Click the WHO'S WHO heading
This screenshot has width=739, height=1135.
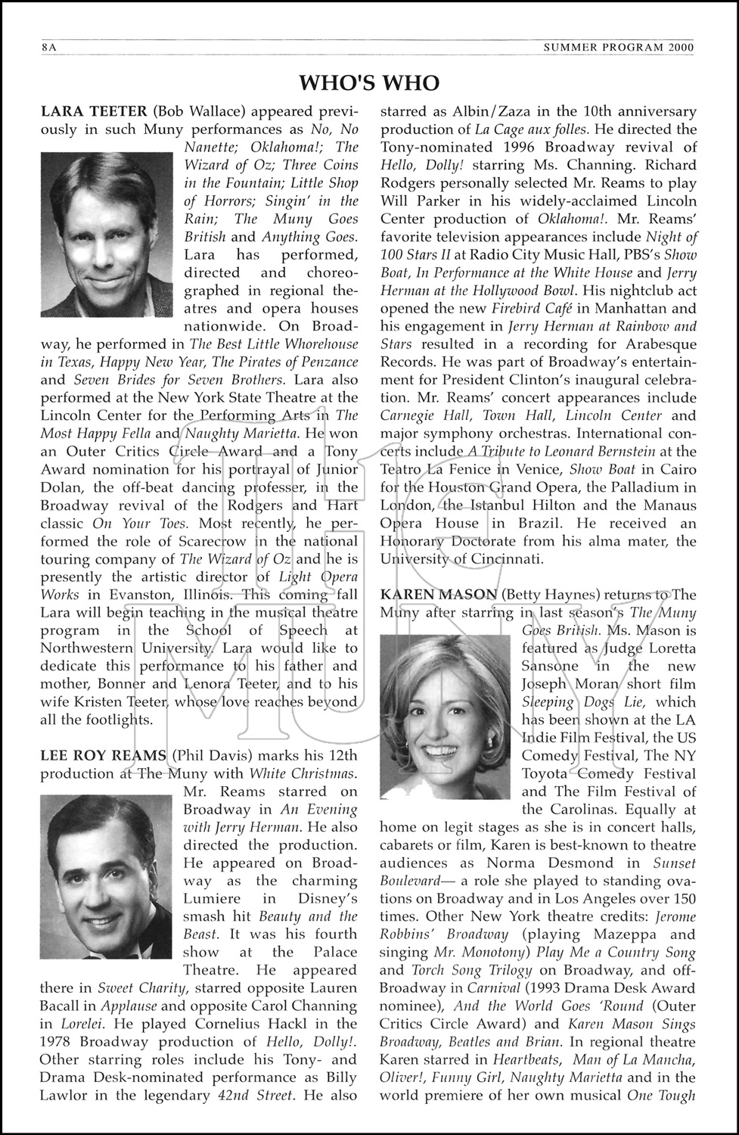(369, 82)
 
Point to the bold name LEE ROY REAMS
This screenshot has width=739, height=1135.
(103, 754)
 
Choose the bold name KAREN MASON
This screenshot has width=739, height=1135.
(438, 594)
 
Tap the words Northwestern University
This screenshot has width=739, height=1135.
(127, 648)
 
